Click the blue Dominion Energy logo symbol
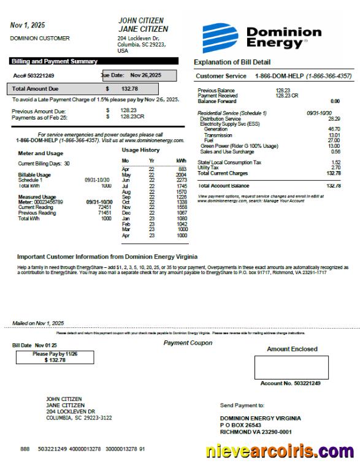click(220, 37)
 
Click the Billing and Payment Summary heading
click(54, 61)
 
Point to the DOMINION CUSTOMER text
click(40, 38)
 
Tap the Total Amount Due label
click(36, 89)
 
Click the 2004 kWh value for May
click(181, 175)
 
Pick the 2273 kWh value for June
click(181, 180)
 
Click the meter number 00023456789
click(49, 202)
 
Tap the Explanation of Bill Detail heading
click(232, 62)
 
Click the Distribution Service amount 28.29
click(334, 119)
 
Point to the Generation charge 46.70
click(334, 129)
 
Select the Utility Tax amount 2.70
click(335, 167)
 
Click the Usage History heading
click(140, 150)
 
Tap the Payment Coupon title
click(188, 343)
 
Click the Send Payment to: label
click(242, 405)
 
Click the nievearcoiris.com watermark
click(279, 452)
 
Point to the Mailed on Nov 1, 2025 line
click(38, 323)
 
